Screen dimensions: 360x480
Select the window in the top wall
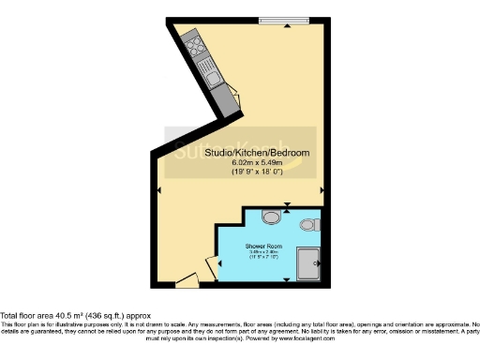(x=280, y=21)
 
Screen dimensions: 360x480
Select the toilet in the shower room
(x=310, y=224)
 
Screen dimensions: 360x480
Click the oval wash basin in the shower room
(x=272, y=217)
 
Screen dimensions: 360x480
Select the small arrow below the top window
(x=280, y=27)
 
